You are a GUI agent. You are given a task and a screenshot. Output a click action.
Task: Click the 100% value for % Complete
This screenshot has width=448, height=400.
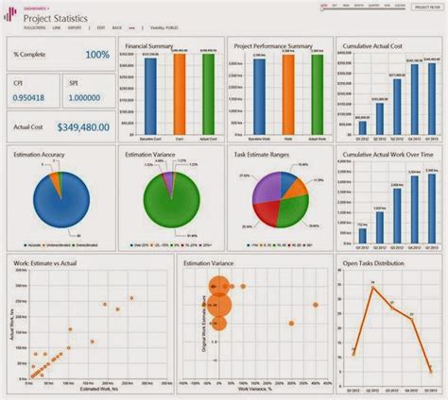pyautogui.click(x=96, y=56)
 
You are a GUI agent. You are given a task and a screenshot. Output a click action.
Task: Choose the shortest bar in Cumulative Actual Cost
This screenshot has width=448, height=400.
pyautogui.click(x=361, y=127)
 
